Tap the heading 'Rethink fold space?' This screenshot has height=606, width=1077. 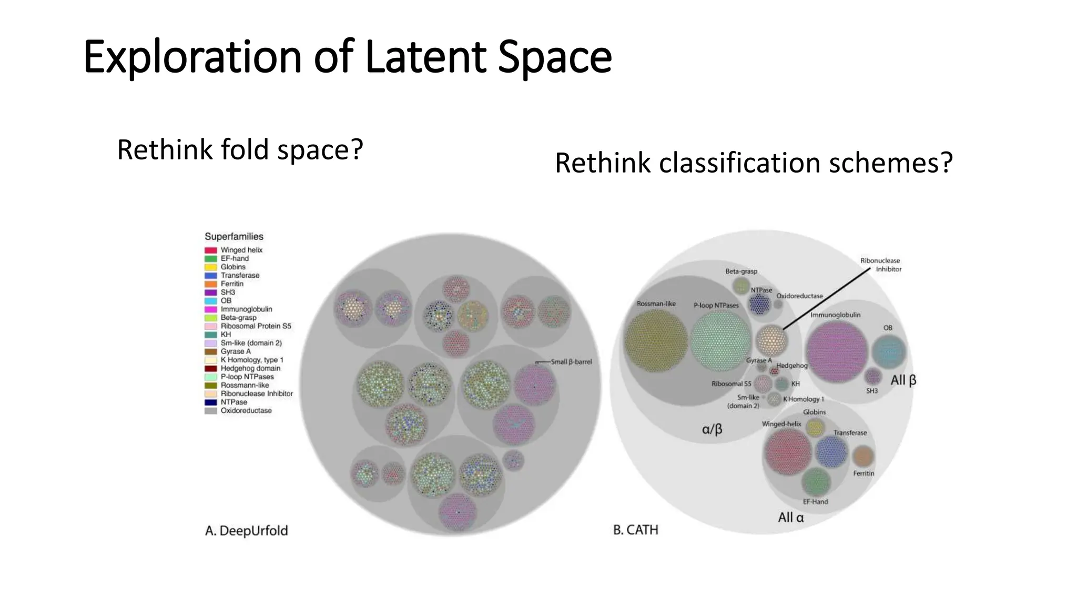[x=240, y=150]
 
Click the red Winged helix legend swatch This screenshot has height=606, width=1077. [x=211, y=250]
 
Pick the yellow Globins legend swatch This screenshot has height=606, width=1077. [x=211, y=267]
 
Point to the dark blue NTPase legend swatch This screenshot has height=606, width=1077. [x=211, y=402]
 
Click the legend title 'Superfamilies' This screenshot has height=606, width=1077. [x=233, y=237]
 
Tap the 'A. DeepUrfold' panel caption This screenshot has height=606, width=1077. [x=246, y=531]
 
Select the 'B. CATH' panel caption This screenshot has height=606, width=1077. [x=635, y=530]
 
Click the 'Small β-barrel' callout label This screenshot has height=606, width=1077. [x=571, y=362]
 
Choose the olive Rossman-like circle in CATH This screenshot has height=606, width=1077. [x=656, y=340]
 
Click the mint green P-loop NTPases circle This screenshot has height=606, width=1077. [x=720, y=340]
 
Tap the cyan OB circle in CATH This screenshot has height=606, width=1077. [x=889, y=351]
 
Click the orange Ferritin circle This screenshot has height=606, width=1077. [x=862, y=456]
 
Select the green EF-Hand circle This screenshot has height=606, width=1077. [x=816, y=482]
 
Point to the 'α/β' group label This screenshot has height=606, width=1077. [x=712, y=430]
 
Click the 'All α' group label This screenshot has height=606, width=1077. [x=790, y=518]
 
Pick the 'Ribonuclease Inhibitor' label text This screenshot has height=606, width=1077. [x=881, y=265]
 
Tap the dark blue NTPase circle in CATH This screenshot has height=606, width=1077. [x=759, y=304]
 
